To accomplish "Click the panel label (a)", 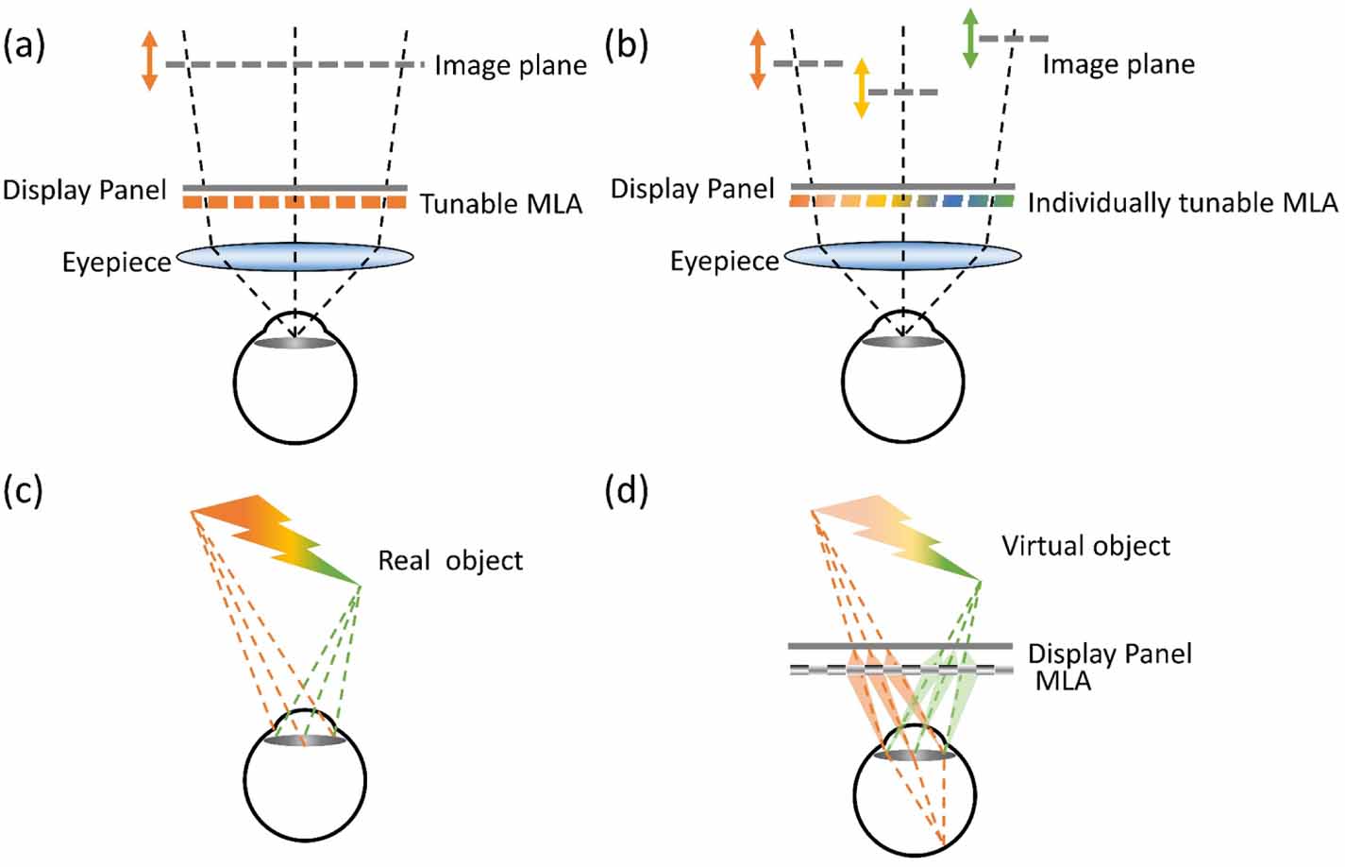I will click(x=25, y=46).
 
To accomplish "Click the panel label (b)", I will click(x=627, y=46).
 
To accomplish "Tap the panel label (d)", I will click(x=627, y=492).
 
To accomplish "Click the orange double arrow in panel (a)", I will click(x=149, y=60).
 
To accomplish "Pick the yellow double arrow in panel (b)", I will click(x=861, y=88).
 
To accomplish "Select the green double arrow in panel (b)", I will click(x=969, y=38).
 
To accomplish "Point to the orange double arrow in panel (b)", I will click(x=757, y=59).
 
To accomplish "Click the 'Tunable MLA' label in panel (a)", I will click(x=500, y=204).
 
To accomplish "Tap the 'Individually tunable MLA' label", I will click(x=1182, y=203).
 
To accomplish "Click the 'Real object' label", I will click(x=450, y=560).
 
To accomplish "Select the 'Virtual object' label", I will click(x=1085, y=546).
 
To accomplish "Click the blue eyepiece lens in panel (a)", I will click(x=294, y=257).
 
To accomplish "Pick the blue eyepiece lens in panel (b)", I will click(x=902, y=256).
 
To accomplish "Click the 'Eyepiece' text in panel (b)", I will click(x=724, y=262).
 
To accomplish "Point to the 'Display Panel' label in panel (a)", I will click(x=84, y=190).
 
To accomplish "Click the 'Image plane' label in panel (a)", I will click(x=510, y=65).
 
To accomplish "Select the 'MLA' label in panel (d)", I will click(x=1063, y=680).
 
